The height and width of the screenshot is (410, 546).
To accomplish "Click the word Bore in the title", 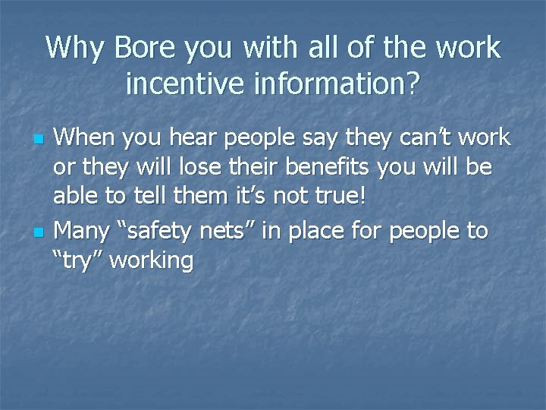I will [x=141, y=48].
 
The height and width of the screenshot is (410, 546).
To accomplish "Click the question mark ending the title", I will [x=412, y=84].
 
